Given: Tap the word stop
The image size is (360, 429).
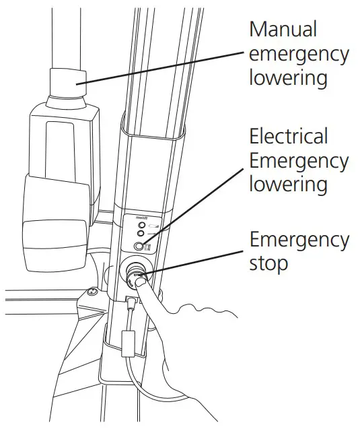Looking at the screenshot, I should [x=268, y=263].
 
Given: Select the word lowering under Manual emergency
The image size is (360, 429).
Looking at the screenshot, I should [x=288, y=77].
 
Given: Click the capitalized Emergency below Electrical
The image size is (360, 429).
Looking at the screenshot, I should [x=299, y=161].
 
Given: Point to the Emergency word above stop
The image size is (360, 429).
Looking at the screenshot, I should [x=299, y=239].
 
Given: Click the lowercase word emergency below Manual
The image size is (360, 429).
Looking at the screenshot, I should [x=299, y=54].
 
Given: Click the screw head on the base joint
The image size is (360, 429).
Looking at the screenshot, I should [x=90, y=293].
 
